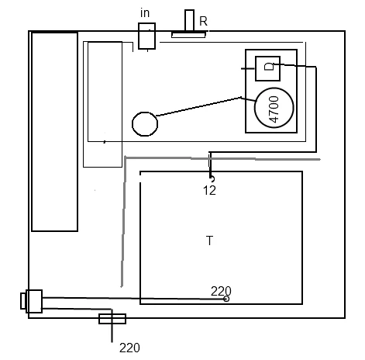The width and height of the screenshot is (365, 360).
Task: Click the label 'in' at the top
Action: tap(145, 13)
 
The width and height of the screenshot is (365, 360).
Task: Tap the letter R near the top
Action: tap(203, 21)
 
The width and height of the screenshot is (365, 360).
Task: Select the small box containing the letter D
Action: tap(267, 68)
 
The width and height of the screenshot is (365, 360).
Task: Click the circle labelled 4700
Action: tap(274, 108)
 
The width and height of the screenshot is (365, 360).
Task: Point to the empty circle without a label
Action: tap(145, 124)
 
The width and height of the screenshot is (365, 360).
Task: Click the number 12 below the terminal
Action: tap(209, 191)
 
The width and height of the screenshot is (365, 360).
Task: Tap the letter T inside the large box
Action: tap(210, 241)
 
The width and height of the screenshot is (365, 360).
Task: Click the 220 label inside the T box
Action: tap(221, 291)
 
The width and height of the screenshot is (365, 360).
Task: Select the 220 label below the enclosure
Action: tap(129, 348)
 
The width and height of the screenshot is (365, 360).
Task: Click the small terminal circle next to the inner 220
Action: tap(226, 299)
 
